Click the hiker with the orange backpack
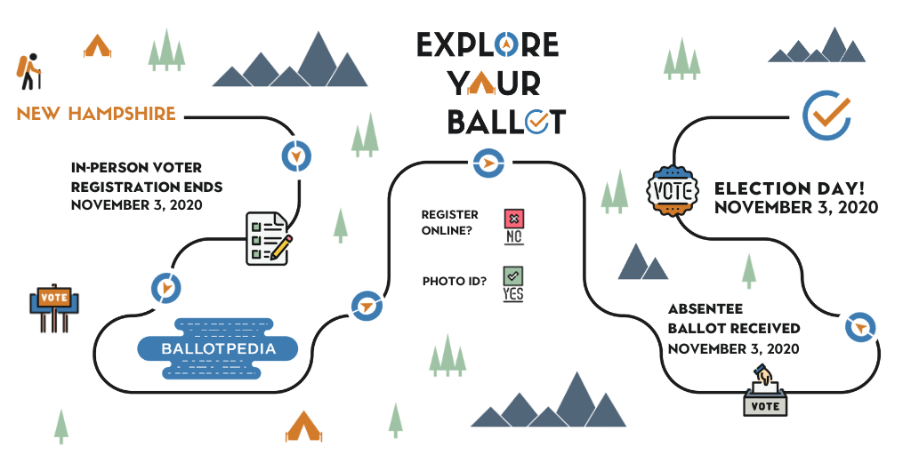[x=28, y=71]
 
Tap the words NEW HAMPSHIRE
[x=96, y=113]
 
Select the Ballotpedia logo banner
[x=218, y=348]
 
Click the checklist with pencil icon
[x=269, y=238]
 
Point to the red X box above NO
[x=513, y=219]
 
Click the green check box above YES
[x=513, y=275]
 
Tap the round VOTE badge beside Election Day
[x=673, y=191]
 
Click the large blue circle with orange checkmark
[x=826, y=115]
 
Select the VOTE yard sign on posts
[x=54, y=307]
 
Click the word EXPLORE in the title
[x=488, y=44]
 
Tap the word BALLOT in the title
[x=506, y=121]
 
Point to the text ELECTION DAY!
[x=790, y=188]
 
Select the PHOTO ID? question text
[x=455, y=282]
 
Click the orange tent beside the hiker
[x=97, y=46]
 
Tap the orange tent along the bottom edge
[x=303, y=427]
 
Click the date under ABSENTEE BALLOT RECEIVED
[x=733, y=348]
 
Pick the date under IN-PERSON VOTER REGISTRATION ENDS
[x=136, y=205]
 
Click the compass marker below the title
[x=488, y=164]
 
